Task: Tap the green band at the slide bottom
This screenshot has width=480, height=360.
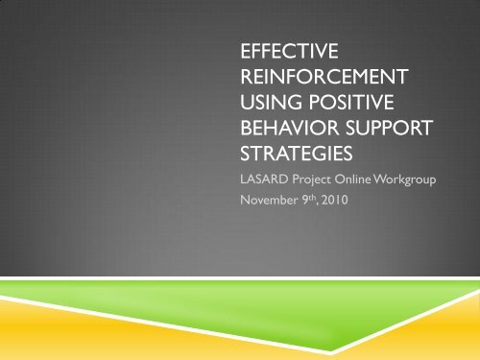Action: point(240,307)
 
